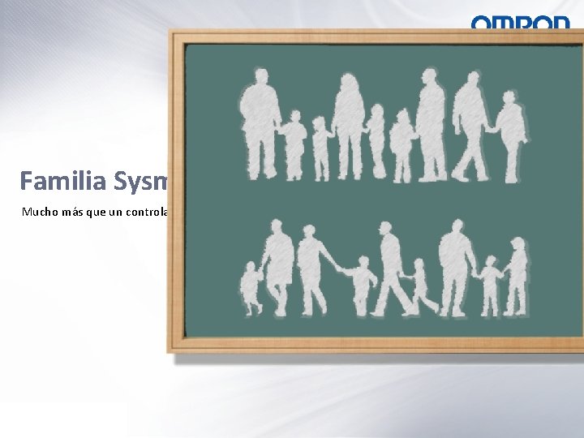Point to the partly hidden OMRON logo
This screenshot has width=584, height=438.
click(521, 23)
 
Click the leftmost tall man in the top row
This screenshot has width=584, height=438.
click(259, 122)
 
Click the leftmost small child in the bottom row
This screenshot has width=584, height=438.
click(252, 288)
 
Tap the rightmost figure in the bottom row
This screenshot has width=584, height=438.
click(515, 276)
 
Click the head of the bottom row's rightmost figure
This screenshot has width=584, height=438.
click(517, 245)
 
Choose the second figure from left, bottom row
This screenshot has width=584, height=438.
click(278, 268)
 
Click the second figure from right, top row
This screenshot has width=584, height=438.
click(470, 126)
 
